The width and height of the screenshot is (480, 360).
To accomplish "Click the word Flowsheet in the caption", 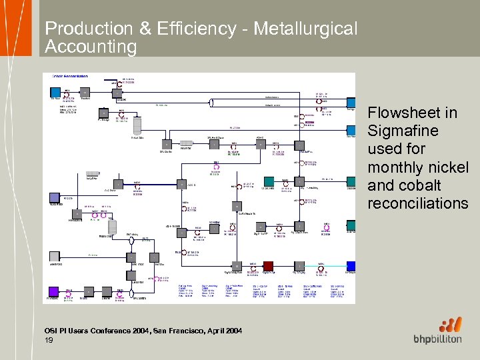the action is pyautogui.click(x=413, y=113).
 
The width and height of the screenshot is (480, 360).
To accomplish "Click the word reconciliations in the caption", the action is pyautogui.click(x=418, y=203).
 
